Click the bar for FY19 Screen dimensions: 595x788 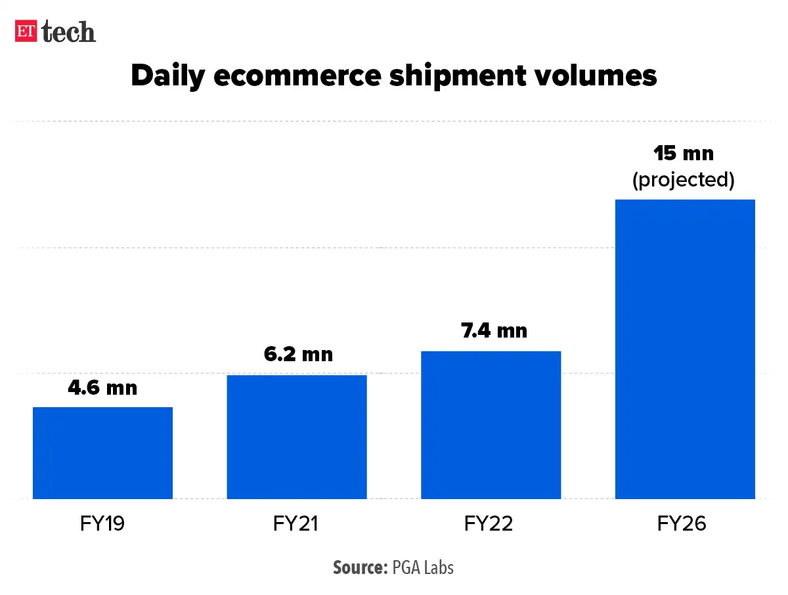point(102,453)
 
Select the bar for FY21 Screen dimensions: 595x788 point(297,437)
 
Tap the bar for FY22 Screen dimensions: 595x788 point(491,425)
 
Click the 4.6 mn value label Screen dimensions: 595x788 point(102,387)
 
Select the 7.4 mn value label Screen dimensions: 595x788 point(494,330)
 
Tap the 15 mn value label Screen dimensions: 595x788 point(684,154)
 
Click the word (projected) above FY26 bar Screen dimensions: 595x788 point(684,179)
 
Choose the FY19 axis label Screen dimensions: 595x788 point(102,524)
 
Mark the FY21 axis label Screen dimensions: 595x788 point(297,524)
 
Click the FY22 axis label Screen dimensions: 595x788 point(489,524)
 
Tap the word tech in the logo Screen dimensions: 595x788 point(69,32)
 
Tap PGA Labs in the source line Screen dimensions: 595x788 point(423,567)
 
